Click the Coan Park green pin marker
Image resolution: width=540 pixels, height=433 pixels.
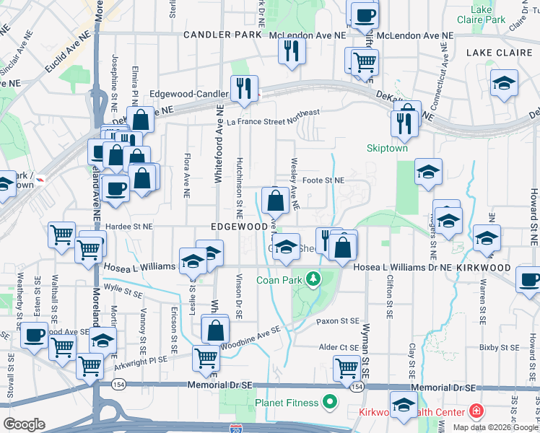tap(313, 278)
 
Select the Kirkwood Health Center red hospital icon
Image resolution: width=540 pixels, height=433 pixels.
tap(476, 412)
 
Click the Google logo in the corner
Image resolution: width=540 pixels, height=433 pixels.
tap(24, 424)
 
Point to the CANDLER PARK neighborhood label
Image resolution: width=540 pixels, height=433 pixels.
tap(222, 35)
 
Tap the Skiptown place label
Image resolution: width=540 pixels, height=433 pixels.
tap(388, 148)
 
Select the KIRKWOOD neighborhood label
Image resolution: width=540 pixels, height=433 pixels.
tap(497, 268)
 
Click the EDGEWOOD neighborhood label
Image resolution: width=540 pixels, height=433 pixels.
tap(239, 227)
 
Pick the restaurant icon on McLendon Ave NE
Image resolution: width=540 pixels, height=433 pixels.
tap(292, 51)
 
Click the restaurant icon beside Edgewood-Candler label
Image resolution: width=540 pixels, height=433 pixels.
tap(244, 89)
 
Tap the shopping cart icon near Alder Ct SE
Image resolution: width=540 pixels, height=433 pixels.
tap(347, 368)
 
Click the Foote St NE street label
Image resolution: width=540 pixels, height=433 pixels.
tap(323, 180)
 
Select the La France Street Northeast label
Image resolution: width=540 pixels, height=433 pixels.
tap(272, 118)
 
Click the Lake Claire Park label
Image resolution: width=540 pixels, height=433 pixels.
tap(488, 14)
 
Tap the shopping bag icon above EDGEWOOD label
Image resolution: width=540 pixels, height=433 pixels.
tap(275, 201)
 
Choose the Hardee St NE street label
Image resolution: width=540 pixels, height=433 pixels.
tap(128, 226)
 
